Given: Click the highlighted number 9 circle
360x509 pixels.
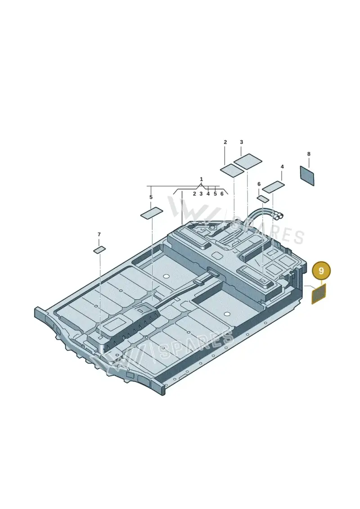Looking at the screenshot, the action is click(321, 271).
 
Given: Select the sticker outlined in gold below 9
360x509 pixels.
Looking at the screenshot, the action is click(319, 293).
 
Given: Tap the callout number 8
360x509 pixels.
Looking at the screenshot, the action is click(309, 154).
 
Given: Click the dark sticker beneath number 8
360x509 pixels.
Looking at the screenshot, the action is click(307, 176).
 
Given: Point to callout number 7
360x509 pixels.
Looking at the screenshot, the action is click(99, 234).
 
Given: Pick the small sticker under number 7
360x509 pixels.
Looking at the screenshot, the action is click(99, 249).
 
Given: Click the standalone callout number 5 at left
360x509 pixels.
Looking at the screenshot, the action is click(151, 197).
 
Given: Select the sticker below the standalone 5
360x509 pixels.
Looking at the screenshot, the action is click(151, 213).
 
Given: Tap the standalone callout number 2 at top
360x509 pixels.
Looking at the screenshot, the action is click(225, 142).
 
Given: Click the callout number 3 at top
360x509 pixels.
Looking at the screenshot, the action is click(242, 142).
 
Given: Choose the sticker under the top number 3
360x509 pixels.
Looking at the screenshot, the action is click(248, 161).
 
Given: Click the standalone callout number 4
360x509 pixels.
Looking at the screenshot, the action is click(282, 167).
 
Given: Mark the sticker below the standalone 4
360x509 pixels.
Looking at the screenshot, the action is click(273, 186).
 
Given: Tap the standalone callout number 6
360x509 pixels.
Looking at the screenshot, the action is click(259, 184).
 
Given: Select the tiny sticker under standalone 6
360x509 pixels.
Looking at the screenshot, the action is click(263, 198).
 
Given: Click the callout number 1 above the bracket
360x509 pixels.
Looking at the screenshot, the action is click(201, 179).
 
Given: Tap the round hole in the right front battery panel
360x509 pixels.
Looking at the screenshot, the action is click(227, 314).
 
